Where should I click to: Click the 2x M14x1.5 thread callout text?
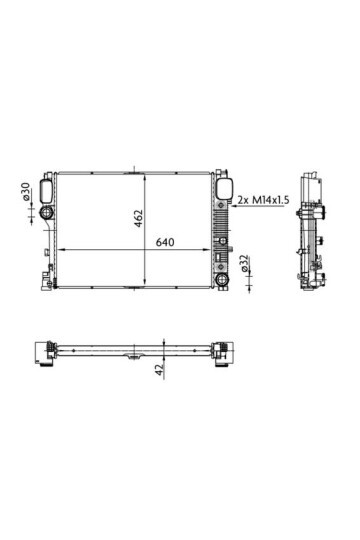[x=265, y=201]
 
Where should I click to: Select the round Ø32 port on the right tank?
[x=221, y=263]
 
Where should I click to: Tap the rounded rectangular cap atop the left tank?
[x=46, y=187]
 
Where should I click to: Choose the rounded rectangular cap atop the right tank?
[x=222, y=187]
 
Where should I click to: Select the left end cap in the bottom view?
[x=44, y=349]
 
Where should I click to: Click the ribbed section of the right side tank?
[x=220, y=229]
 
